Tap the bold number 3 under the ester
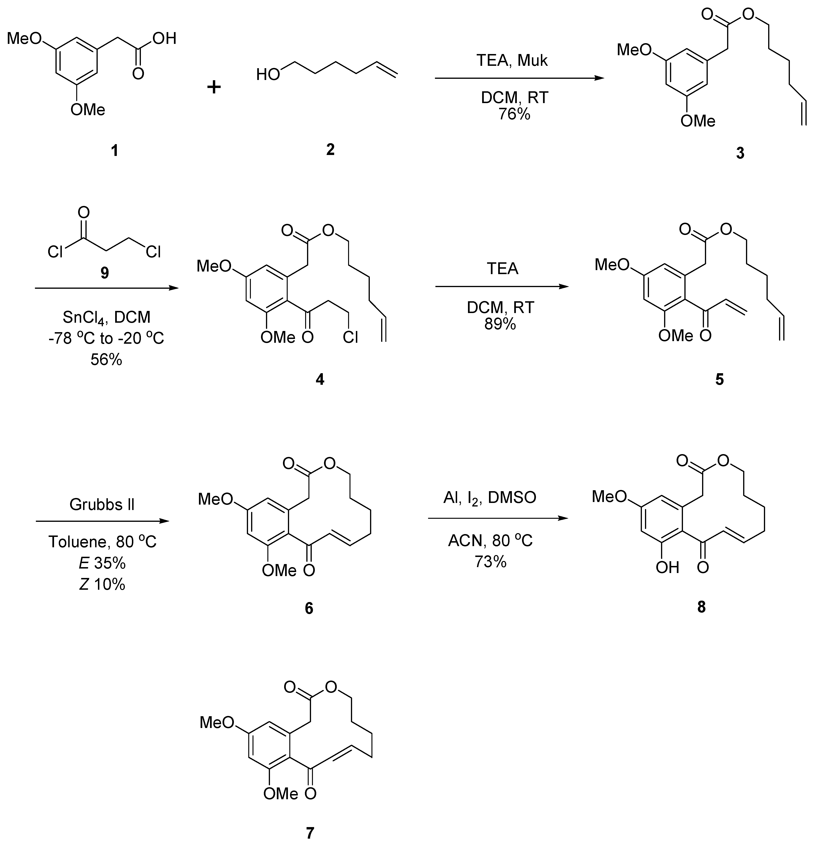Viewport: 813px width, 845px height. point(740,153)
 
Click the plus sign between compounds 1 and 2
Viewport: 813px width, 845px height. point(214,88)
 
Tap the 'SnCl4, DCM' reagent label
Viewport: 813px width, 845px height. point(106,317)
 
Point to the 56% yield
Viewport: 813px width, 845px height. point(106,359)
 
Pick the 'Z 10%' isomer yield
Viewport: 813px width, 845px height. point(102,584)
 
